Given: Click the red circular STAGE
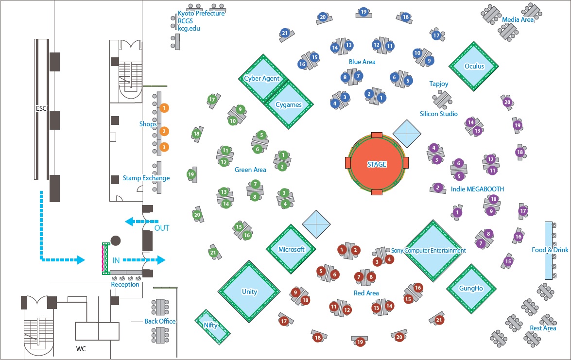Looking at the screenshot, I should (x=377, y=164).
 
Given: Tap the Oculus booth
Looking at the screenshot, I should (x=474, y=66).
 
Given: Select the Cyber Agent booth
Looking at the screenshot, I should (x=261, y=78).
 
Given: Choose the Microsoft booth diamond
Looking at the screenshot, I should (x=291, y=249).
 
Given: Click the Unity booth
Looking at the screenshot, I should (x=249, y=291).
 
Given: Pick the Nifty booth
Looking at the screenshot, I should (x=211, y=326).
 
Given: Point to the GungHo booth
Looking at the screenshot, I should (x=471, y=288).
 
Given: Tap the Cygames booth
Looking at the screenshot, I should (x=289, y=104).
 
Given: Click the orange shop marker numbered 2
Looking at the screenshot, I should (x=164, y=131).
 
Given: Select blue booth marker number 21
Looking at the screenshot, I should (x=285, y=33).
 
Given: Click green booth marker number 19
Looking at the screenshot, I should (x=191, y=174).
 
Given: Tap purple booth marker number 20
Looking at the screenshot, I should (x=507, y=103).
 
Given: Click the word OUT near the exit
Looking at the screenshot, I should (x=162, y=228).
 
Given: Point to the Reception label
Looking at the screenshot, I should (x=125, y=285).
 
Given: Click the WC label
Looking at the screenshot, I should (x=81, y=349).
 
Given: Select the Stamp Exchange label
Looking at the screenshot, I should (x=146, y=178).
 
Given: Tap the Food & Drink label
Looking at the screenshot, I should (x=550, y=250).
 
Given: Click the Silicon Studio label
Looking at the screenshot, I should (x=439, y=114).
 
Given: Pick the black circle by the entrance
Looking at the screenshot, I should (x=116, y=240).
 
